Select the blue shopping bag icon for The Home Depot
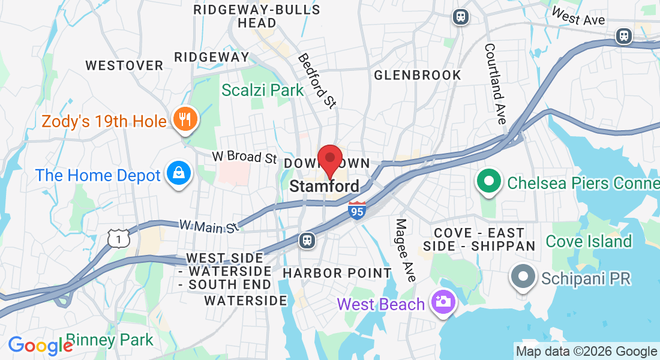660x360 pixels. point(179,173)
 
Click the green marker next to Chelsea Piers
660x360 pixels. point(489,181)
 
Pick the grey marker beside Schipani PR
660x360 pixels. point(522,277)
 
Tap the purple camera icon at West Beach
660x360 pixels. point(443,302)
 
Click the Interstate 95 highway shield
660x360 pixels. point(357,210)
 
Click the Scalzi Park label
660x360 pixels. point(263,90)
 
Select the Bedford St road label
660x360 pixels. point(316,81)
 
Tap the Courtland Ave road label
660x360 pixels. point(496,83)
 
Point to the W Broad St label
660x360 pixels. point(244,157)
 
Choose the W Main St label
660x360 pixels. point(209,226)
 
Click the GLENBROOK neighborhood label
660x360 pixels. point(418,75)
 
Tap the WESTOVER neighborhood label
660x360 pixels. point(124,65)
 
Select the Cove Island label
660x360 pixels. point(589,241)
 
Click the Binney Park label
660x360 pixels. point(110,340)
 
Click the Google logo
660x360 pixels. point(40,345)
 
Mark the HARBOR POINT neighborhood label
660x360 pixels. point(337,273)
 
